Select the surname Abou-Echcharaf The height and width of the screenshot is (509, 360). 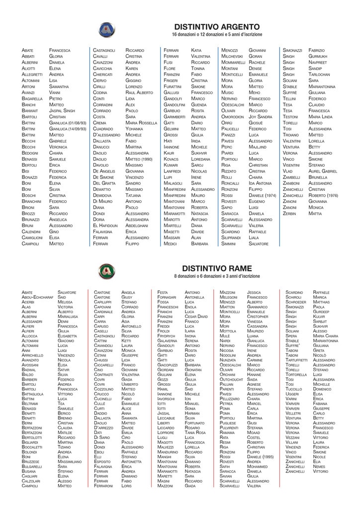coord(37,297)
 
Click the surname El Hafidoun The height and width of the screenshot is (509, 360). coord(105,225)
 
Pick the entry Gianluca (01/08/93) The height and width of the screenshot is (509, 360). coord(69,122)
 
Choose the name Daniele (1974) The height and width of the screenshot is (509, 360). coord(262,195)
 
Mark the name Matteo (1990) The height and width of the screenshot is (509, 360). coord(139,159)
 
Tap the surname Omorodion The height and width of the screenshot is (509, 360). coord(233,117)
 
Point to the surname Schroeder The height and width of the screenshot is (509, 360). coord(296,302)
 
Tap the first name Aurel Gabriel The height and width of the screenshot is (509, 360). coord(322,171)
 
